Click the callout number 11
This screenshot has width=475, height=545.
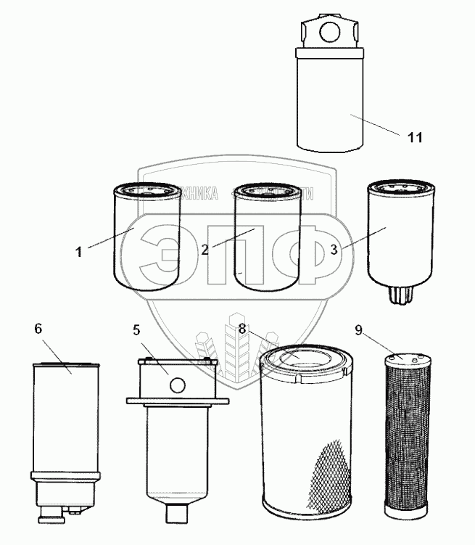(x=414, y=138)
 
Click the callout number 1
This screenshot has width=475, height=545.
(x=78, y=253)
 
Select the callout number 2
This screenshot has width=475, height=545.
(x=205, y=250)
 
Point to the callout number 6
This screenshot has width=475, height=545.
(x=38, y=328)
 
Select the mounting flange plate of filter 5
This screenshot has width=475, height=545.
(x=178, y=401)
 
